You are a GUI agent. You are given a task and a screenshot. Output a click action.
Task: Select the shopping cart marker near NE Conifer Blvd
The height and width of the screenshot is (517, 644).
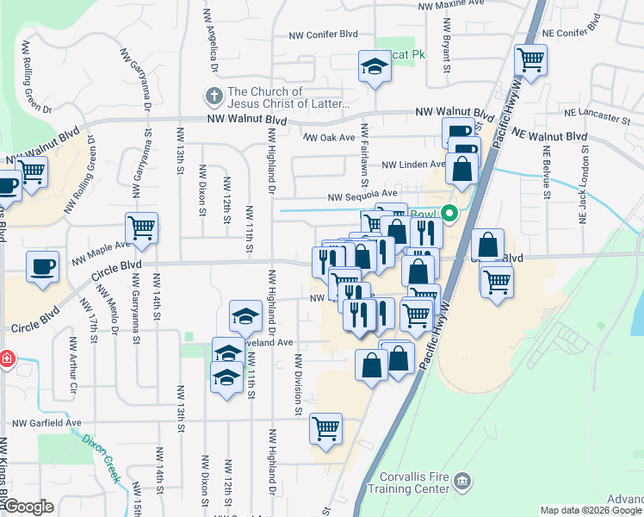point(530,60)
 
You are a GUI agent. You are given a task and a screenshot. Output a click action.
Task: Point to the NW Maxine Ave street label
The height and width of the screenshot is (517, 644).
point(451,5)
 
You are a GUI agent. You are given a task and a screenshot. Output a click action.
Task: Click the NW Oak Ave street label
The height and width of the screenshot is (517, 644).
point(329,137)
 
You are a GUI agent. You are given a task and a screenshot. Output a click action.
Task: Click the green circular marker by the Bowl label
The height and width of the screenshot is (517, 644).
point(449,214)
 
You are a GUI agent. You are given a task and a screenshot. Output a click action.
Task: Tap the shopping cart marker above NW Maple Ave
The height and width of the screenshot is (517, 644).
point(142,228)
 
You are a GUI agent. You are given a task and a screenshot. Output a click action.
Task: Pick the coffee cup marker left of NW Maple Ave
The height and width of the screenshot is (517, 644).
point(42,267)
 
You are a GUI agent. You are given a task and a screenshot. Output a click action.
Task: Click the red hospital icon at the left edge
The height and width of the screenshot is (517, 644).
point(5,358)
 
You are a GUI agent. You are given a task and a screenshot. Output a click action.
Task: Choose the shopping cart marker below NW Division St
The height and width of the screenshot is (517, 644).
point(326,428)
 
